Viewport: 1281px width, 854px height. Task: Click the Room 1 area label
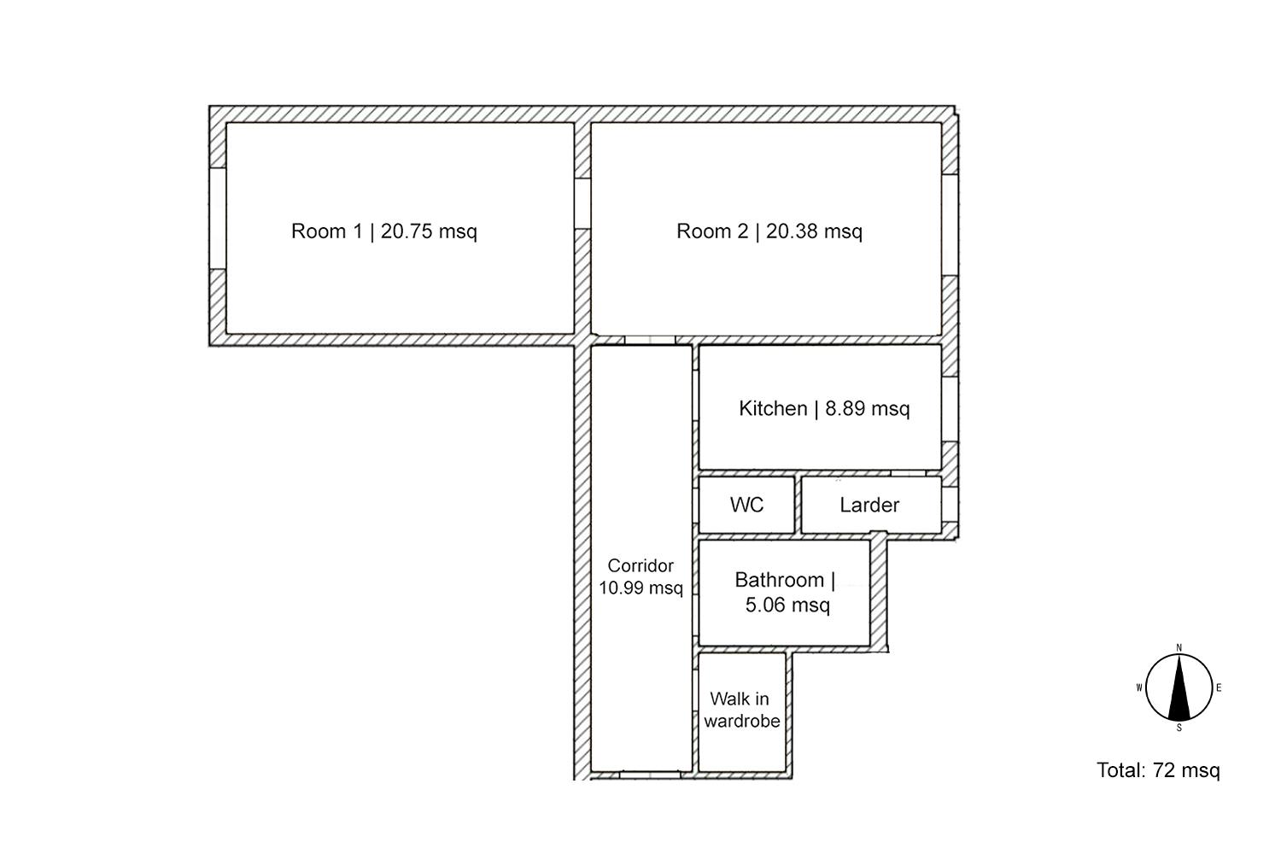(x=383, y=231)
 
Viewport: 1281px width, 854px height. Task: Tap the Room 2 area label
(x=769, y=231)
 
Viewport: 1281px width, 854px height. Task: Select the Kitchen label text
(x=824, y=408)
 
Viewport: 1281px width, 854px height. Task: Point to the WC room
(x=747, y=505)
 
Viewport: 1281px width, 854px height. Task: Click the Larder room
(x=871, y=505)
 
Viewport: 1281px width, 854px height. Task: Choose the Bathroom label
(x=785, y=592)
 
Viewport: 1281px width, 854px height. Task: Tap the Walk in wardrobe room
(x=742, y=712)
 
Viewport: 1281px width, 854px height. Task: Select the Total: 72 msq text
(x=1158, y=770)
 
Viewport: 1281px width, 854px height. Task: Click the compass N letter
(x=1179, y=647)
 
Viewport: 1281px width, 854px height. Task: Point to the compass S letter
(x=1179, y=728)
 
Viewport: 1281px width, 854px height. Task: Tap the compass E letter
(x=1219, y=687)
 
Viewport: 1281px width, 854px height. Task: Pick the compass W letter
(x=1139, y=687)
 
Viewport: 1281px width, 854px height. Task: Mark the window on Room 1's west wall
(x=218, y=219)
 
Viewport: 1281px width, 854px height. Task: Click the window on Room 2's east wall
(x=950, y=225)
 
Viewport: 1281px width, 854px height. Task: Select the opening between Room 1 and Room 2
(x=582, y=203)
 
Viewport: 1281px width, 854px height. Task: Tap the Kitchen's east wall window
(x=950, y=409)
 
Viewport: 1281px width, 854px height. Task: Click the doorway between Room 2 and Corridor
(x=650, y=340)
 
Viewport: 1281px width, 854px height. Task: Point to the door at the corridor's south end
(x=650, y=775)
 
